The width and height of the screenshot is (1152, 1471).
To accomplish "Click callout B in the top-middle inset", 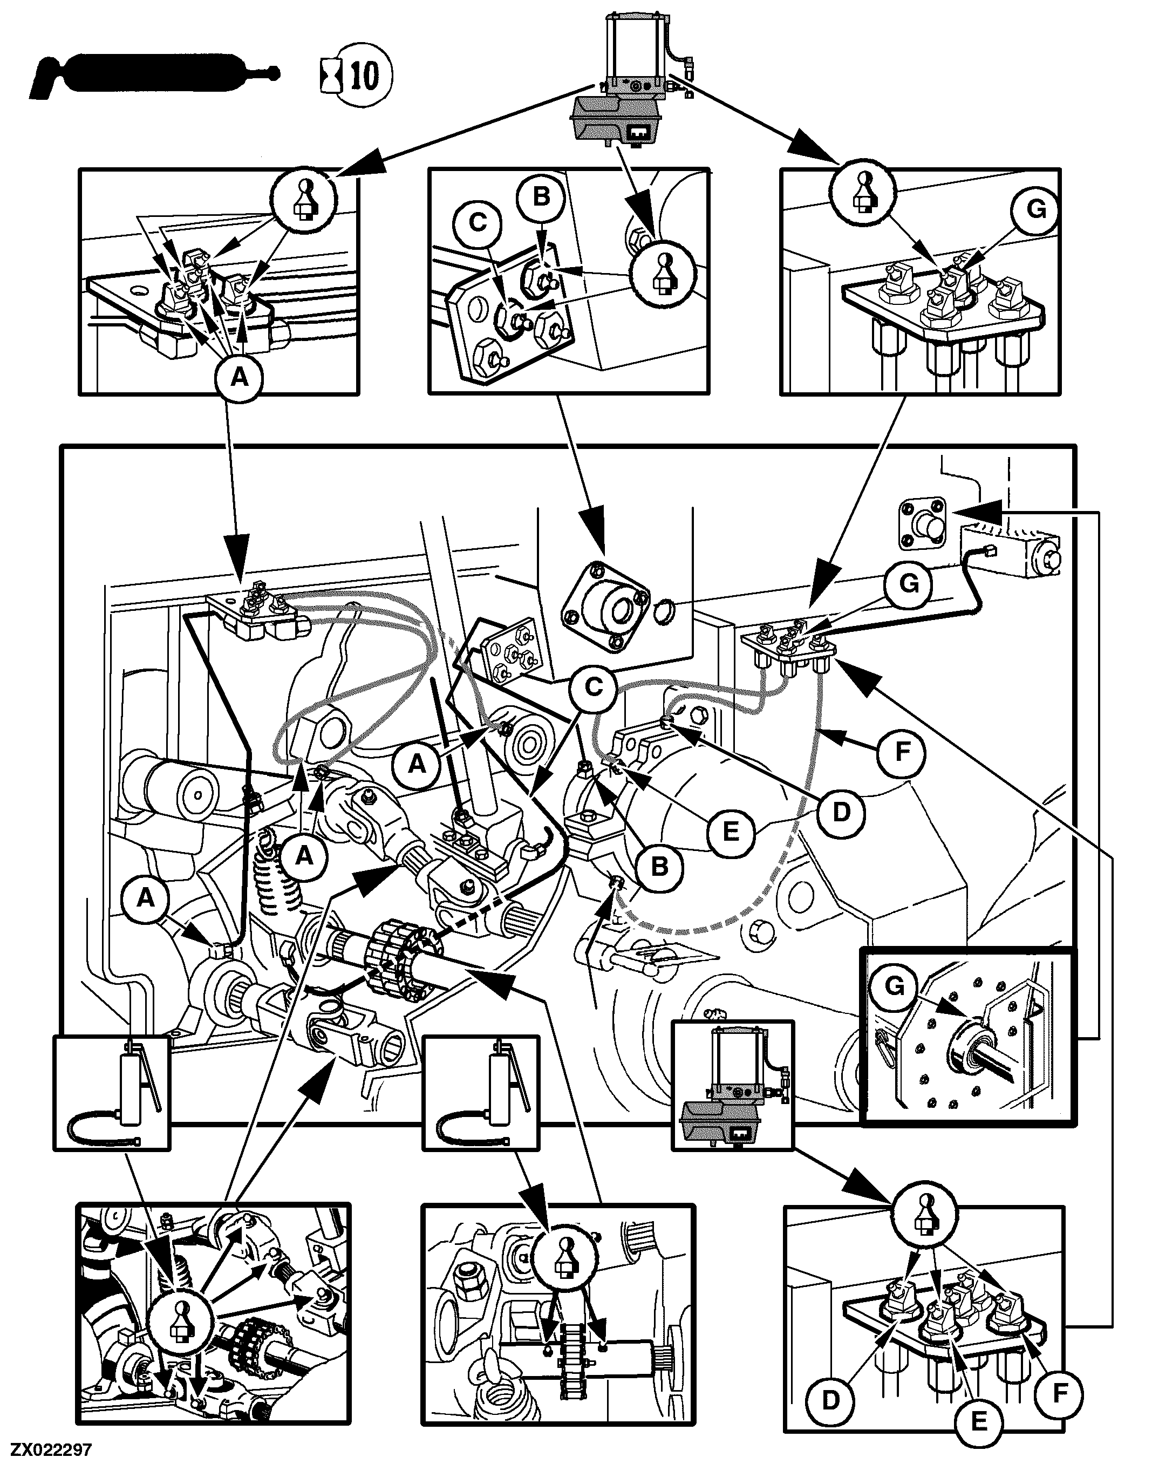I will pos(541,197).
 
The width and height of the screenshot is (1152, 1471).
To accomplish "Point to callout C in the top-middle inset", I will pos(478,222).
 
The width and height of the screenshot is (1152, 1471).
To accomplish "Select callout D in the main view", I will pos(841,812).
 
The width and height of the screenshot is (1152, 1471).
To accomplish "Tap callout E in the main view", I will pos(731,832).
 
